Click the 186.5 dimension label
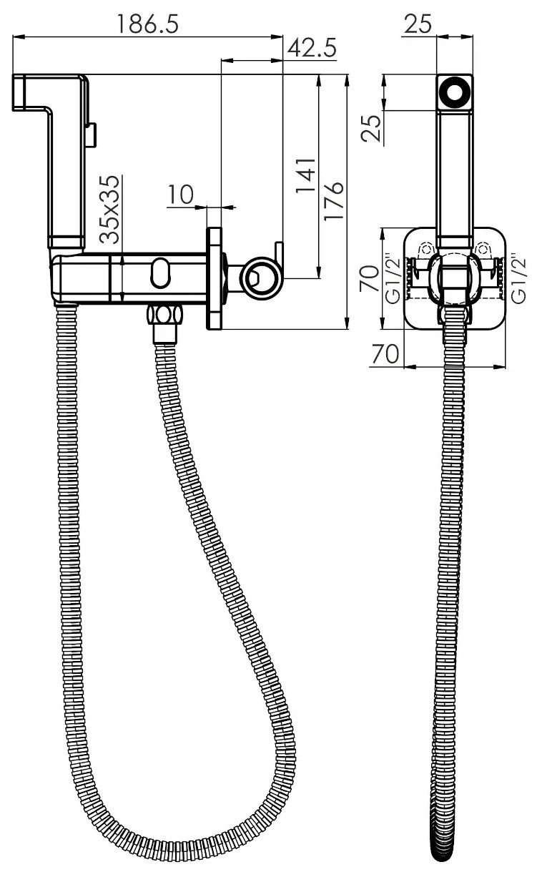tap(148, 24)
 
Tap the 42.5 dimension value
tap(312, 48)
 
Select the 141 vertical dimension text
tap(305, 175)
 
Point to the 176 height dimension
tap(333, 201)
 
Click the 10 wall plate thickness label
tap(181, 195)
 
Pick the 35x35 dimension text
tap(109, 210)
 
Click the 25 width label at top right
tap(418, 24)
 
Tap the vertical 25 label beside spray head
tap(371, 128)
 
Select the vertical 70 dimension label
tap(369, 278)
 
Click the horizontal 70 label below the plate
tap(385, 353)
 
